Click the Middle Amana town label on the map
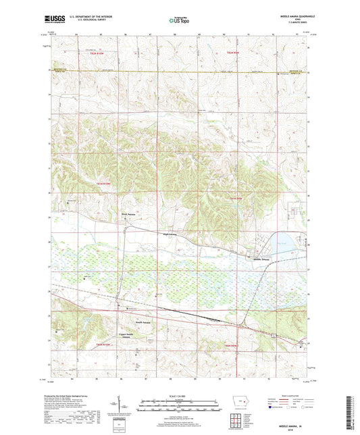pyautogui.click(x=261, y=259)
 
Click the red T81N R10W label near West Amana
pyautogui.click(x=102, y=184)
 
